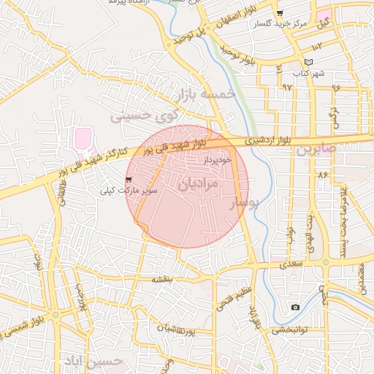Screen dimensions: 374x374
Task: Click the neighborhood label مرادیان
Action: point(197,183)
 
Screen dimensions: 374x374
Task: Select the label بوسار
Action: point(245,204)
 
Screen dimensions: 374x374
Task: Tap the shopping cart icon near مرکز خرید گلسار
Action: point(280,14)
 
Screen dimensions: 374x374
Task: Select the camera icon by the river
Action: point(295,307)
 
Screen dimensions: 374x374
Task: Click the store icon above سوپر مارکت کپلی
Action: point(129,179)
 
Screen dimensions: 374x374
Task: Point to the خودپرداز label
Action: point(218,158)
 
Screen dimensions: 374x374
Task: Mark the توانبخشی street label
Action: point(291,329)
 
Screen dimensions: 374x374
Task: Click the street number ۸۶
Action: point(322,175)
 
